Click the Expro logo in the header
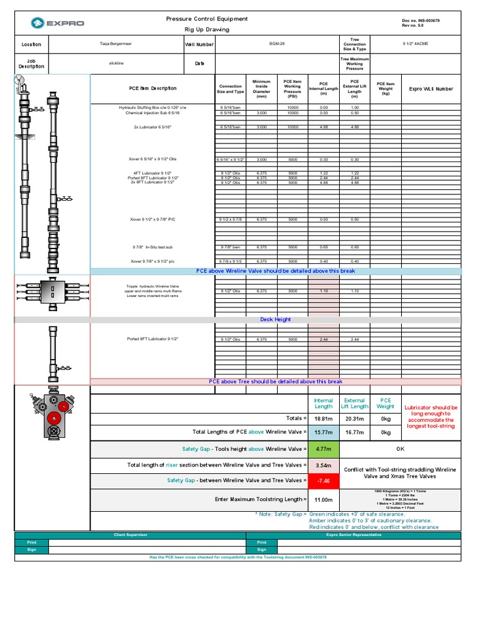(55, 24)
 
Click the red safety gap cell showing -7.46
(324, 480)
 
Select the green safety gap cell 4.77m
(324, 448)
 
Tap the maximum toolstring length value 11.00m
(324, 499)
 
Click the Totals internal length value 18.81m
(324, 419)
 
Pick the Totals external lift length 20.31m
(355, 419)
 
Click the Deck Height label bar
(275, 319)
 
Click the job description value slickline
(116, 63)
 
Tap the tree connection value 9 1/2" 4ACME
(416, 44)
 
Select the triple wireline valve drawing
(52, 290)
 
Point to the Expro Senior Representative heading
(353, 535)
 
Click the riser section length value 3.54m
(324, 465)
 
